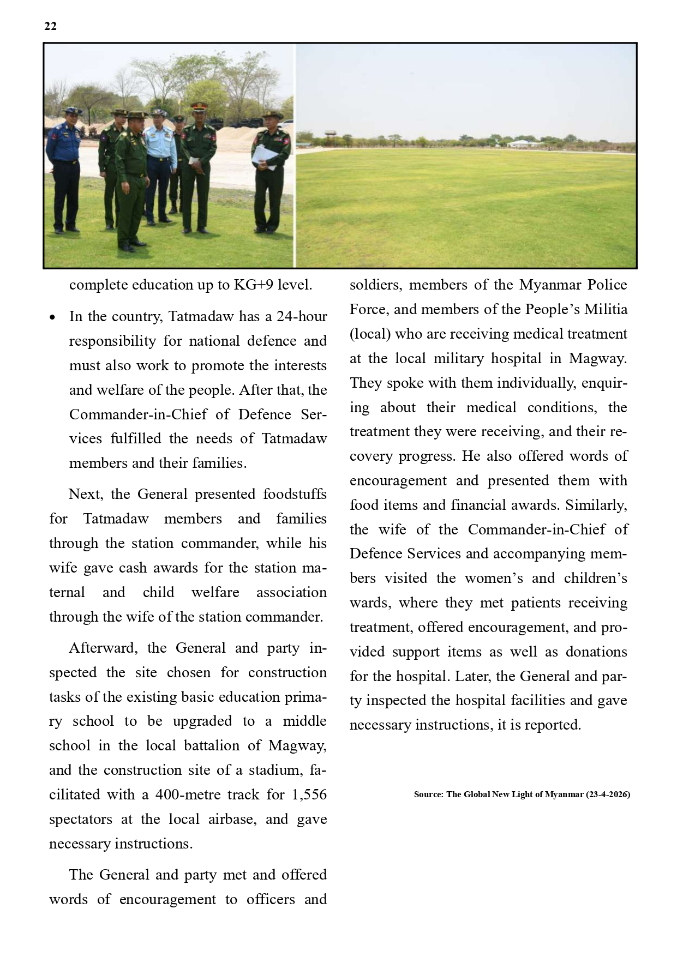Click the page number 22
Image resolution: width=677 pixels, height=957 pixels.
point(50,26)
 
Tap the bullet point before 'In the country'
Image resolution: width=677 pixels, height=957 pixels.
point(52,317)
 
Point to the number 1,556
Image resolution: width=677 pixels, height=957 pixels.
point(309,795)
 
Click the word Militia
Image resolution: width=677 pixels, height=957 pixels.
point(606,310)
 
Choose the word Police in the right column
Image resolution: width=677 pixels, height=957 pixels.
point(608,285)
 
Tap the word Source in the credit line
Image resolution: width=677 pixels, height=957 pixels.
point(428,795)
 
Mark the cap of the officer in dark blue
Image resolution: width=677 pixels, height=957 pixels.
point(71,110)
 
